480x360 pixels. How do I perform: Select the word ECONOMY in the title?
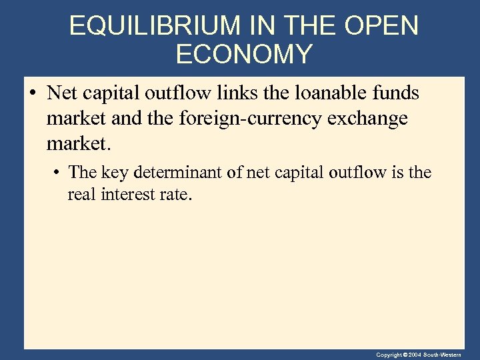pyautogui.click(x=244, y=54)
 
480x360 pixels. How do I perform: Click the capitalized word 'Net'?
pyautogui.click(x=61, y=93)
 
